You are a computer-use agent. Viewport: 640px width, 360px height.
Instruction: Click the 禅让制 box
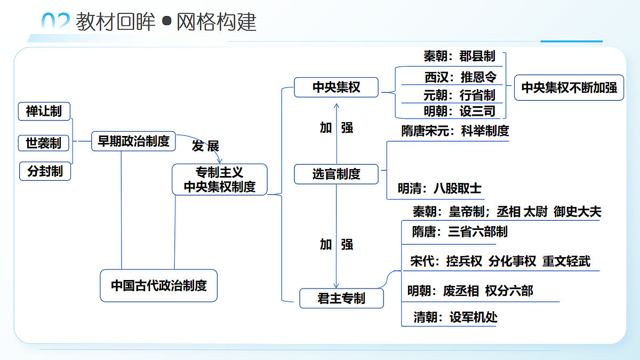coord(44,111)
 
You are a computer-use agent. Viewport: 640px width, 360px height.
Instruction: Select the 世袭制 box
coord(43,143)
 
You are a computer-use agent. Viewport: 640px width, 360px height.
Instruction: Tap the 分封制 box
coord(45,171)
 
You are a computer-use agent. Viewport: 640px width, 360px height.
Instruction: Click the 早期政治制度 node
coord(133,141)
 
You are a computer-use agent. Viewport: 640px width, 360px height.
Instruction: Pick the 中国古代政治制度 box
coord(158,285)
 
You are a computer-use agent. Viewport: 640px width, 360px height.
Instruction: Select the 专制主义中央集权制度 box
coord(219,179)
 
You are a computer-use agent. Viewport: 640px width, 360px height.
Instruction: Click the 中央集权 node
coord(337,87)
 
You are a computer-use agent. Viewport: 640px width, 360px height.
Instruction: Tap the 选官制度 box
coord(337,174)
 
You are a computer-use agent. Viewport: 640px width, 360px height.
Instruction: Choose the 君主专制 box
coord(341,298)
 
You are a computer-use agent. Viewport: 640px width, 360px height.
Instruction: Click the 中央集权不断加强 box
coord(569,87)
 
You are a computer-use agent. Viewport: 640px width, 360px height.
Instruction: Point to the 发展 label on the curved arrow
coord(205,146)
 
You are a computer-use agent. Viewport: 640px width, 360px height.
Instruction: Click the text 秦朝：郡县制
coord(459,56)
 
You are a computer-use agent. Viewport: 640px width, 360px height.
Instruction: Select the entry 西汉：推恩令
coord(460,77)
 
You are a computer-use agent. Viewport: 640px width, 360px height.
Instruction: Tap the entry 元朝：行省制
coord(459,95)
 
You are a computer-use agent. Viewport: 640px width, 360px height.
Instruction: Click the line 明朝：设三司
coord(459,111)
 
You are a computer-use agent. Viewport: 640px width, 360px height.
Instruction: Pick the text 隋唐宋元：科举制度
coord(455,131)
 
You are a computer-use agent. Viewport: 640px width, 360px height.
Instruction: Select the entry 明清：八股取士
coord(439,188)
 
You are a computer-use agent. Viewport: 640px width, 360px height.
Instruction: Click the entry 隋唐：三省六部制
coord(459,231)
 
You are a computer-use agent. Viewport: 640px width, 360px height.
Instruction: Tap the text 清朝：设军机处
coord(455,317)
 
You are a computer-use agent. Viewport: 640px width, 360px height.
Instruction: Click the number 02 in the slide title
coord(55,21)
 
